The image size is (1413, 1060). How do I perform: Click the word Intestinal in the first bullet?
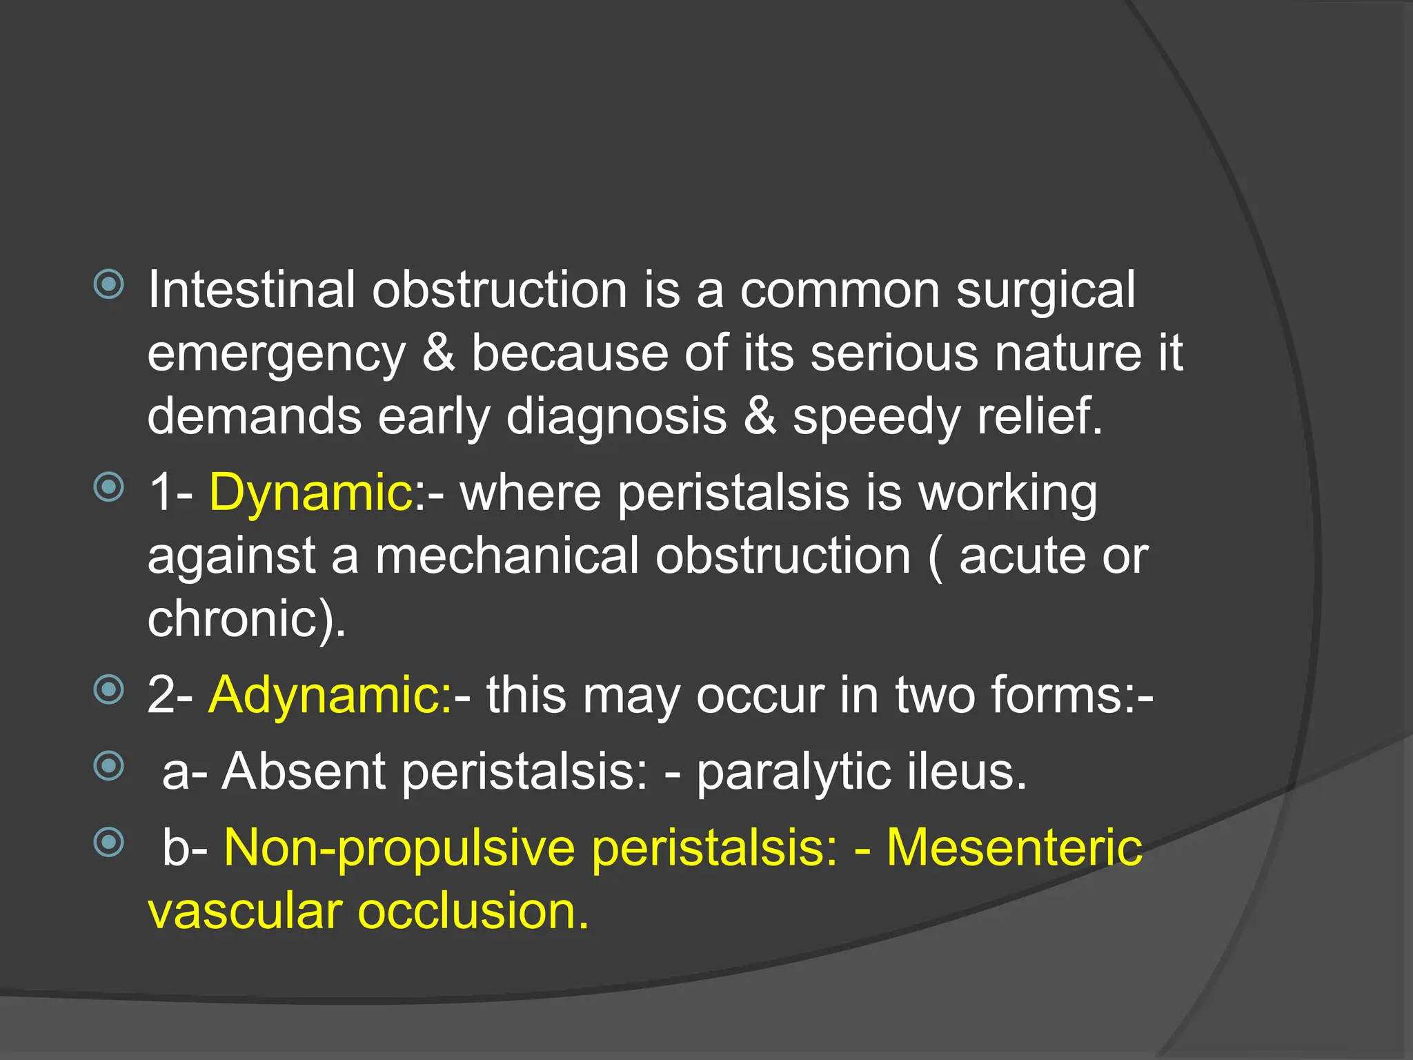(251, 290)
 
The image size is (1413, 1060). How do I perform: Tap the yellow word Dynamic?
(310, 493)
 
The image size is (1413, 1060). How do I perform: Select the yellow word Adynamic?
(330, 694)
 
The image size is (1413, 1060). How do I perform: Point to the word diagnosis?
(616, 417)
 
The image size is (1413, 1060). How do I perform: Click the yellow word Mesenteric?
(1014, 847)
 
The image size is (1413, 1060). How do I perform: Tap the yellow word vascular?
(245, 911)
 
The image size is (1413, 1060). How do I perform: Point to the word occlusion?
(473, 911)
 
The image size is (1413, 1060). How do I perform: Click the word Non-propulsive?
(399, 849)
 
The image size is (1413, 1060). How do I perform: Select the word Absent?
(303, 772)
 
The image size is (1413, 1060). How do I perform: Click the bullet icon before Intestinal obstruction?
(108, 285)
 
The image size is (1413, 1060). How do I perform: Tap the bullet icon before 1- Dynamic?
(108, 488)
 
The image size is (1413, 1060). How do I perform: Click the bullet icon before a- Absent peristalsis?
(108, 766)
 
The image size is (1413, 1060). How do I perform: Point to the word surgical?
(1045, 290)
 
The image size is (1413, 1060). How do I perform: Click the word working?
(1008, 494)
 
